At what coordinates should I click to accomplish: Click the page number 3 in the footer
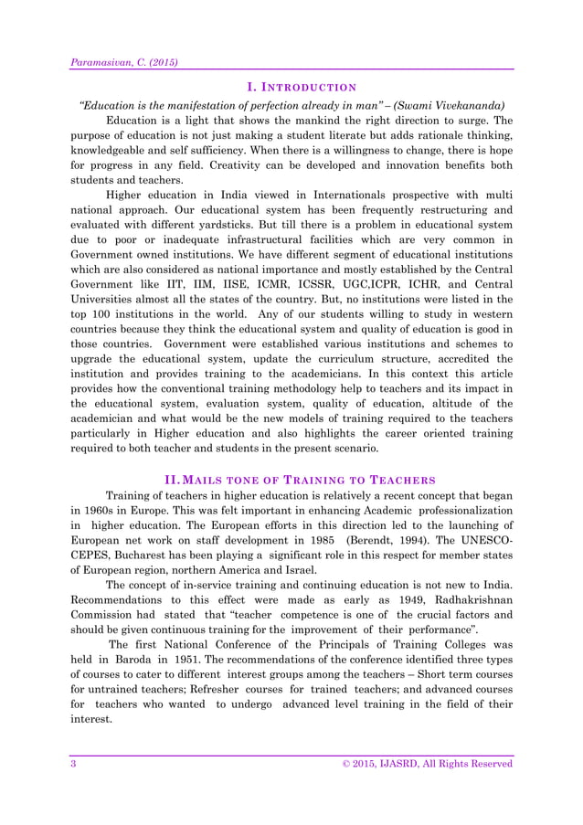click(73, 764)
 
